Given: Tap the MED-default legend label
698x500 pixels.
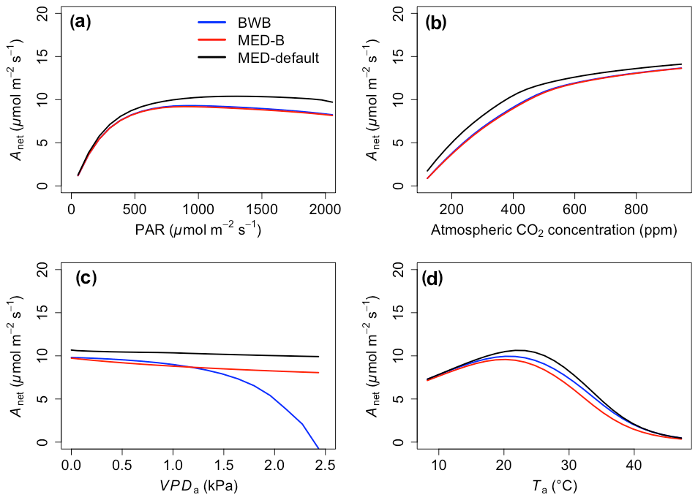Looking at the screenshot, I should tap(278, 57).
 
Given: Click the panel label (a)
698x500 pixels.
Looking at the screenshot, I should tap(80, 22).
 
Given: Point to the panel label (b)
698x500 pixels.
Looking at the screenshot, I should tap(436, 22).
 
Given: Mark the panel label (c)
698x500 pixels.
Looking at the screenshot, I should tap(86, 279).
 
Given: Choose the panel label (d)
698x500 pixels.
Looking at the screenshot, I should tap(436, 279).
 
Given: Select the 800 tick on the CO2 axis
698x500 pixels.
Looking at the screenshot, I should tap(636, 208).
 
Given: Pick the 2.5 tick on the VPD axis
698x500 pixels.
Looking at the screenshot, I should tap(326, 465).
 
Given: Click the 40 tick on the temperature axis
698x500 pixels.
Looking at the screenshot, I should tap(634, 465).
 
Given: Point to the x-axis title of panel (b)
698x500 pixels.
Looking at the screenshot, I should tap(554, 230).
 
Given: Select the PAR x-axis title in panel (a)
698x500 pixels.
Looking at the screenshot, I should tap(198, 230).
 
